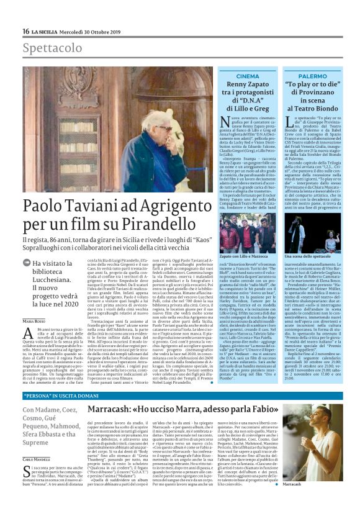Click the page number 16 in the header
pyautogui.click(x=26, y=32)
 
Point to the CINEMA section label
pyautogui.click(x=248, y=76)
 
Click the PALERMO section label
pyautogui.click(x=312, y=76)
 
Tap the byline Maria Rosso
pyautogui.click(x=34, y=303)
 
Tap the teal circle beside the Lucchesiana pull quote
pyautogui.click(x=27, y=263)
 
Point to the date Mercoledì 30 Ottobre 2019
pyautogui.click(x=86, y=32)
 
